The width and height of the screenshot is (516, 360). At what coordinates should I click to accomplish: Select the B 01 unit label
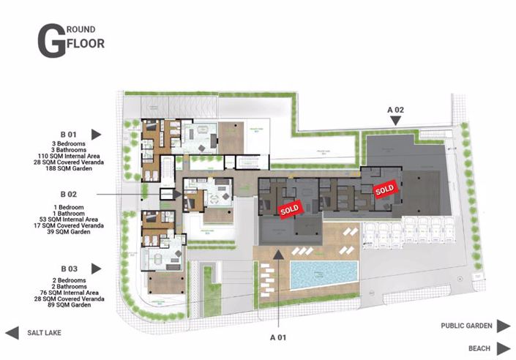[69, 135]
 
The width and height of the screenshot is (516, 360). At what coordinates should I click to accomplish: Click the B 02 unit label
[69, 195]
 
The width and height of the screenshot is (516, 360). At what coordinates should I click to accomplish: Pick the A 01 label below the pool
[280, 338]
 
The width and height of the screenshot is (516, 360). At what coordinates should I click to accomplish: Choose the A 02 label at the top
[396, 109]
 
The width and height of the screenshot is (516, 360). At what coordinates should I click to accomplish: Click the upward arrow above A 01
[280, 253]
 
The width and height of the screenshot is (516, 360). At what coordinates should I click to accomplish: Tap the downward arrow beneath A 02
[396, 123]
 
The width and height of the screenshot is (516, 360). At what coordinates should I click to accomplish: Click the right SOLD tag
[384, 190]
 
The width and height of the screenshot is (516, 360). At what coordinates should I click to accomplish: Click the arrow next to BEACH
[504, 348]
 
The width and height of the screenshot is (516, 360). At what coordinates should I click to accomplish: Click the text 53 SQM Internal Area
[69, 219]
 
